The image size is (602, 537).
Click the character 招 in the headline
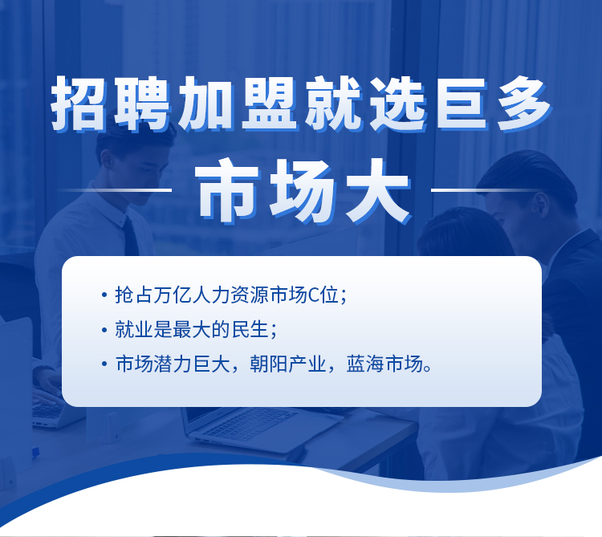coord(79,104)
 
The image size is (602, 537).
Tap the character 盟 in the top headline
coord(270,104)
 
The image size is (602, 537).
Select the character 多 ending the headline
coord(524,104)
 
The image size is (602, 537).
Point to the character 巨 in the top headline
coord(461,104)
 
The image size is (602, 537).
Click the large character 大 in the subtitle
coord(377,191)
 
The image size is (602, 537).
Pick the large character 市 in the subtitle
coord(230,191)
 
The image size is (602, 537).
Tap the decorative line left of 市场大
coord(114,189)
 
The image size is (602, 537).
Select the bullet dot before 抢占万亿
coord(104,295)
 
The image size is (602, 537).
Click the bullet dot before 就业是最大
coord(104,330)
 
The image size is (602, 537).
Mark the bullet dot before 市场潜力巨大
coord(104,364)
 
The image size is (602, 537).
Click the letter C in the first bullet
coord(314,295)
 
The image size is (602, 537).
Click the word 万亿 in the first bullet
coord(173,295)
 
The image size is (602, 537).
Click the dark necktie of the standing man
coord(131,236)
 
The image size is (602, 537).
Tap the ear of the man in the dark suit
coord(542,205)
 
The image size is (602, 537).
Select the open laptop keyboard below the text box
coord(249,423)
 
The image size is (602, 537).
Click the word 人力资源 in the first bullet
coord(230,295)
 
